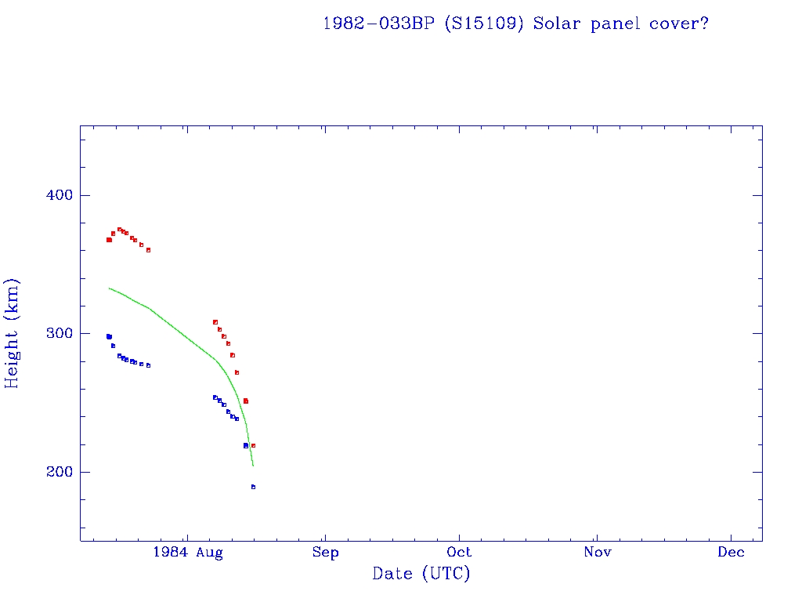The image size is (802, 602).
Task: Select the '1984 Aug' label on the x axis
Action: [188, 553]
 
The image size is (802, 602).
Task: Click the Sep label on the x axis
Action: [325, 553]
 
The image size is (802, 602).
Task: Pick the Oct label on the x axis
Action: [460, 553]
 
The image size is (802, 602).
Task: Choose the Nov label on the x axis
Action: [597, 553]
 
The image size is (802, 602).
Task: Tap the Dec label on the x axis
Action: [732, 553]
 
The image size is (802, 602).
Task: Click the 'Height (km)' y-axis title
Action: [13, 333]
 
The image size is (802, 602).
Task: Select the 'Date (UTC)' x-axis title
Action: [421, 575]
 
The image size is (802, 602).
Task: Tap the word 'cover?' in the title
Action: [679, 23]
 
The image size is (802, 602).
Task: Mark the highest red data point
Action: [119, 229]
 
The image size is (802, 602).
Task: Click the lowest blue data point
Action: [253, 487]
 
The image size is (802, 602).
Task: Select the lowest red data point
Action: [253, 445]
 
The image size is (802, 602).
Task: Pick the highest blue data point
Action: [109, 336]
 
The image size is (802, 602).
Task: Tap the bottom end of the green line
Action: [253, 466]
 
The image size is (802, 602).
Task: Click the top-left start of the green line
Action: [110, 288]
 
